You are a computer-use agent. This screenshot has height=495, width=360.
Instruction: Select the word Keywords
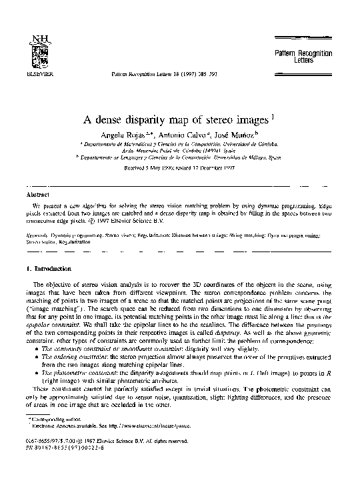pos(35,235)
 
